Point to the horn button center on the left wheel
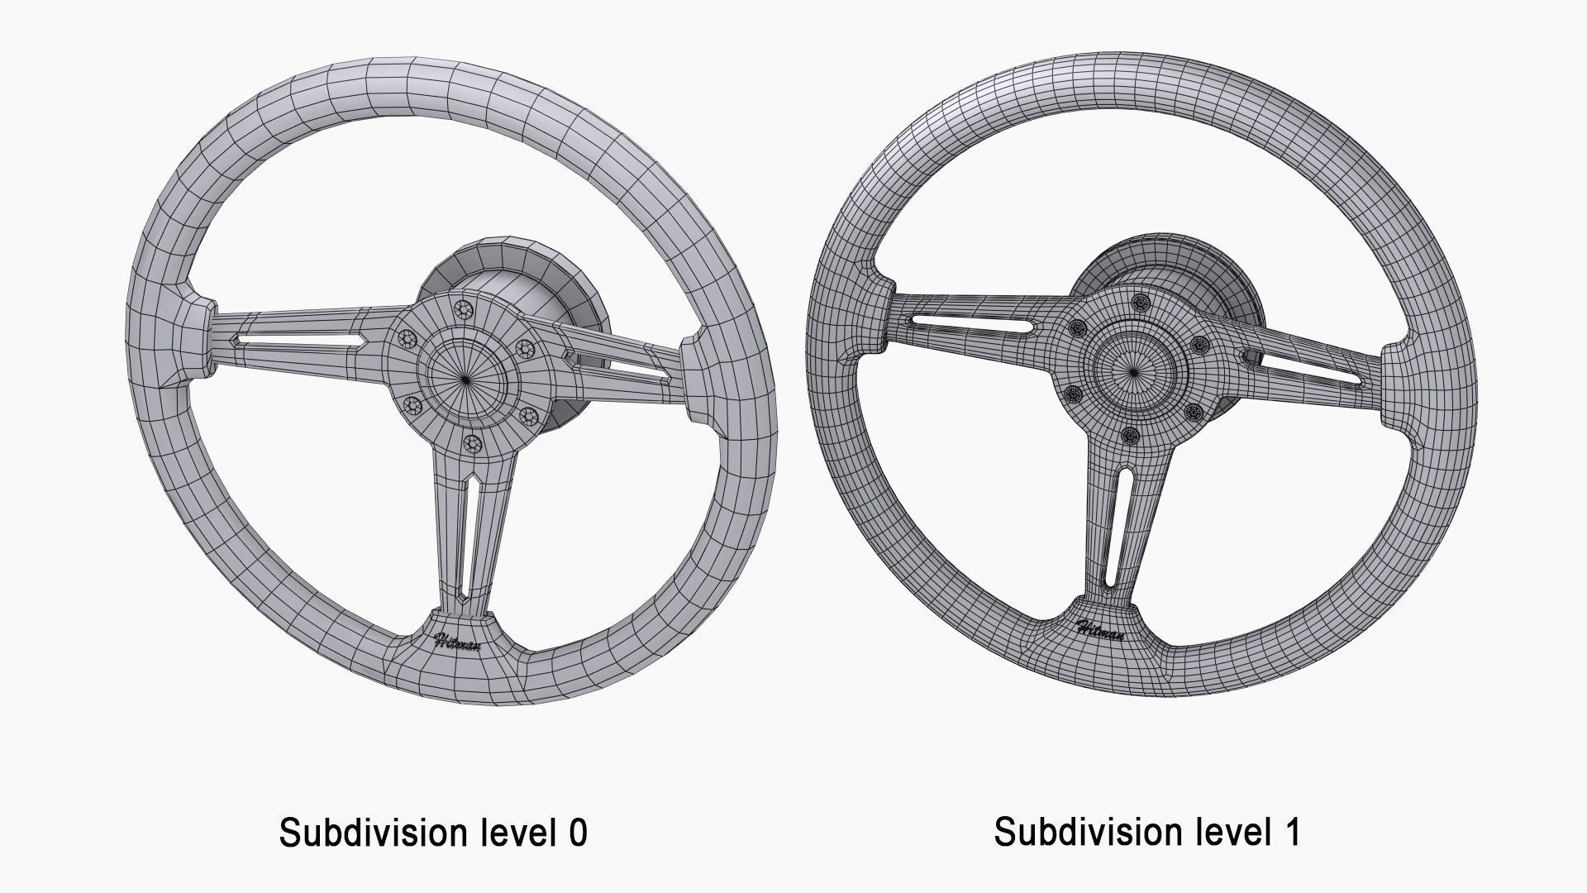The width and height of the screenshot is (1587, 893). click(467, 379)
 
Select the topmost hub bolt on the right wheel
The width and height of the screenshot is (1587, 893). click(1142, 301)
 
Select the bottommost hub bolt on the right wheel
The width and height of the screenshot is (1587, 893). click(1130, 434)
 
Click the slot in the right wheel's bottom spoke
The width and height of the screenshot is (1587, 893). click(1124, 521)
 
